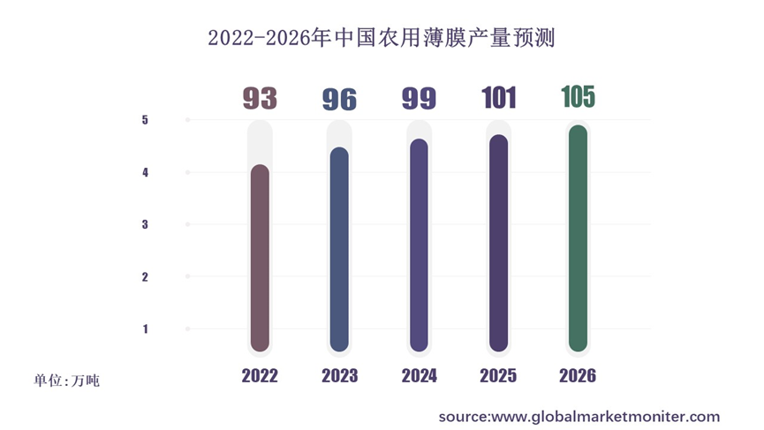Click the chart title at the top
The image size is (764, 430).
point(382,39)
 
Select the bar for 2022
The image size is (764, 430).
point(260,258)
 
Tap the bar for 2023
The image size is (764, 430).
point(339,249)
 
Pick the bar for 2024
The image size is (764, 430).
point(419,245)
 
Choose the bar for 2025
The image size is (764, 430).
point(498,243)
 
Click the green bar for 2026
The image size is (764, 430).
point(578,238)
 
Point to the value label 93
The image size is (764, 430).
point(260,99)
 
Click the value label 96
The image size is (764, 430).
point(339,99)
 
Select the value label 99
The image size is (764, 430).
point(419,98)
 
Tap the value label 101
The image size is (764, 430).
point(499,98)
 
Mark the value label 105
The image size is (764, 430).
point(579,95)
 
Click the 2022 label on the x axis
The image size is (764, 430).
point(260,376)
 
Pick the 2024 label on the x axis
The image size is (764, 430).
point(419,376)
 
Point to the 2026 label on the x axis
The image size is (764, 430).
point(578,376)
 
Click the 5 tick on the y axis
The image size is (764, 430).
point(145,120)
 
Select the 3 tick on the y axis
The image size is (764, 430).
point(145,225)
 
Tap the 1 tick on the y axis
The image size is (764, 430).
point(145,329)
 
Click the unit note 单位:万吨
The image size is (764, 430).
point(67,381)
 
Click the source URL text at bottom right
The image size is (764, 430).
point(579,416)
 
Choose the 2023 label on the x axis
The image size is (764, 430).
point(339,376)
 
